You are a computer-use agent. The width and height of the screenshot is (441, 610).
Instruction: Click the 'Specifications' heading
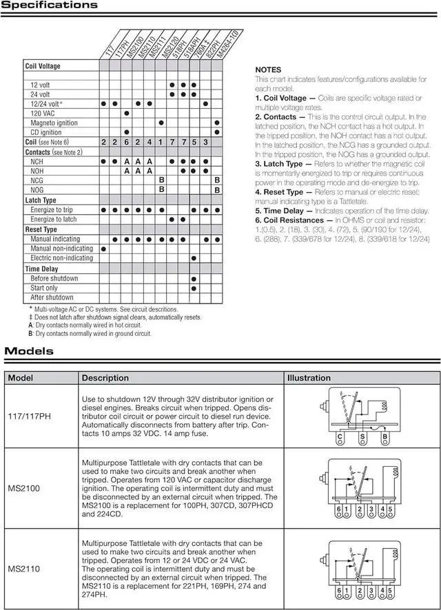pos(49,6)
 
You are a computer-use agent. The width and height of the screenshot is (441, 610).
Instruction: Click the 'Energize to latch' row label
pos(53,219)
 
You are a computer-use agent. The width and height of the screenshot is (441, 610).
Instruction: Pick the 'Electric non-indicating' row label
pos(61,258)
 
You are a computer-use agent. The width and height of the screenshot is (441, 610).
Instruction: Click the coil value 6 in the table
pos(127,142)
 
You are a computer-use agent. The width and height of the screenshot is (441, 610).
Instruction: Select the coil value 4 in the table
pos(150,142)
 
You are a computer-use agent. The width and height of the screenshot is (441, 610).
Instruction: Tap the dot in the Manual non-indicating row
pos(103,249)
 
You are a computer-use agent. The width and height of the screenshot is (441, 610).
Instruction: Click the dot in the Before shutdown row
pos(194,278)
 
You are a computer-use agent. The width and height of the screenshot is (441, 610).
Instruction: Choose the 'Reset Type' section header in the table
pos(41,229)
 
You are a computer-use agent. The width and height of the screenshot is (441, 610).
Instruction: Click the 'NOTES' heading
pos(268,70)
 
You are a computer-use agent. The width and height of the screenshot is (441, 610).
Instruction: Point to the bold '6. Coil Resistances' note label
pos(289,220)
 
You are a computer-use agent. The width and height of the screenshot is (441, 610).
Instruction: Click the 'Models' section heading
pos(29,351)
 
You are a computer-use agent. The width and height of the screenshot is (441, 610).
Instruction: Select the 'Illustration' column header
pos(309,378)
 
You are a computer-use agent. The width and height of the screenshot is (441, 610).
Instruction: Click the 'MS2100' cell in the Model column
pos(23,487)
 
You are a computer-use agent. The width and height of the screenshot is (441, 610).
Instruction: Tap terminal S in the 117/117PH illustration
pos(362,436)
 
